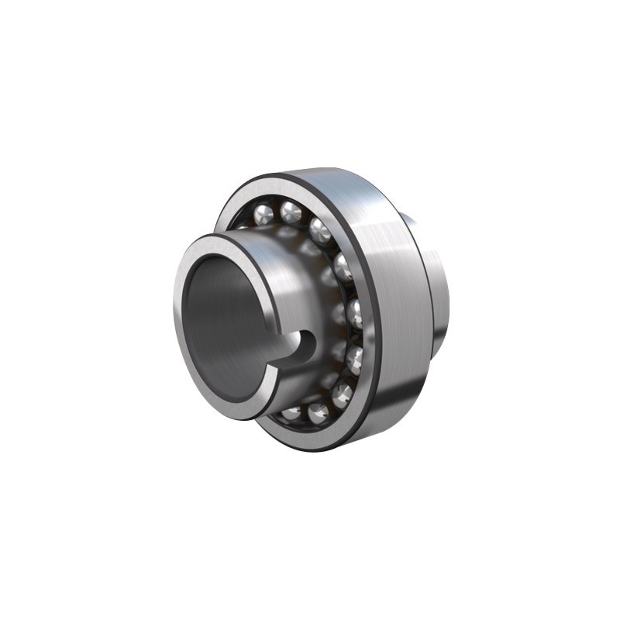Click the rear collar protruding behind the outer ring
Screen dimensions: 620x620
point(438,294)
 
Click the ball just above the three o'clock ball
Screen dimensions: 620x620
point(343,268)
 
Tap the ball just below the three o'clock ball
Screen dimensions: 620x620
point(353,358)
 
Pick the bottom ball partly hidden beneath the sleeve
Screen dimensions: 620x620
point(292,412)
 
